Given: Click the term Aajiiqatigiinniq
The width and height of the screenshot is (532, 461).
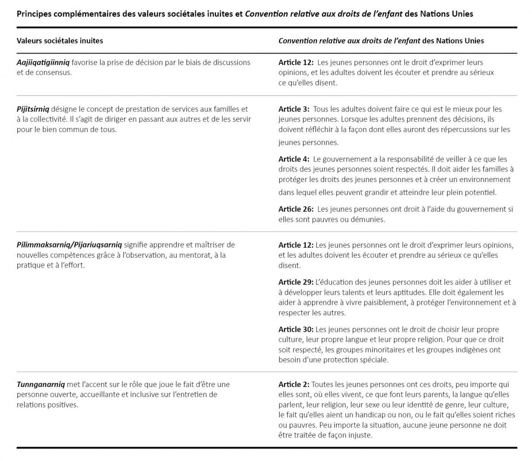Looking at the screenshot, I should (x=43, y=62).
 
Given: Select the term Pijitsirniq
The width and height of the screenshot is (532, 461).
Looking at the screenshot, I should (x=33, y=109).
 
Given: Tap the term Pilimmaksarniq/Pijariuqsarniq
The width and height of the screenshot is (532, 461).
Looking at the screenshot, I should (x=69, y=245).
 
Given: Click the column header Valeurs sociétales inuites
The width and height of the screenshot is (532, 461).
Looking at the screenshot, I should (x=60, y=41).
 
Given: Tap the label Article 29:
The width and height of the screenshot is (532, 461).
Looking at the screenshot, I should (x=296, y=282).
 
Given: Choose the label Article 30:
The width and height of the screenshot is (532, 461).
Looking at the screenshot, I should (x=296, y=329).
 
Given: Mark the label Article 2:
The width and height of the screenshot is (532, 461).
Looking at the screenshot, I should (x=294, y=384).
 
